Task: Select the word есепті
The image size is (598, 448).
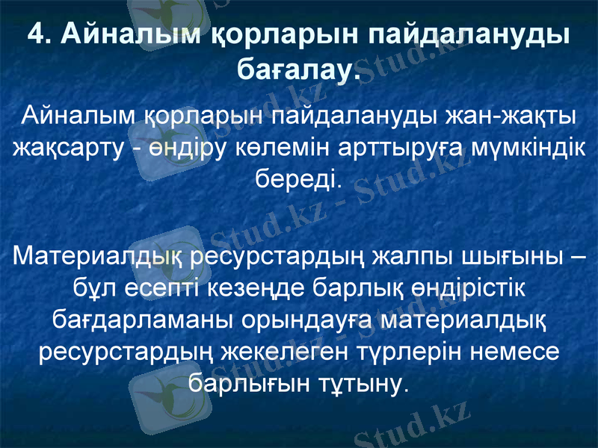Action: point(149,289)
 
